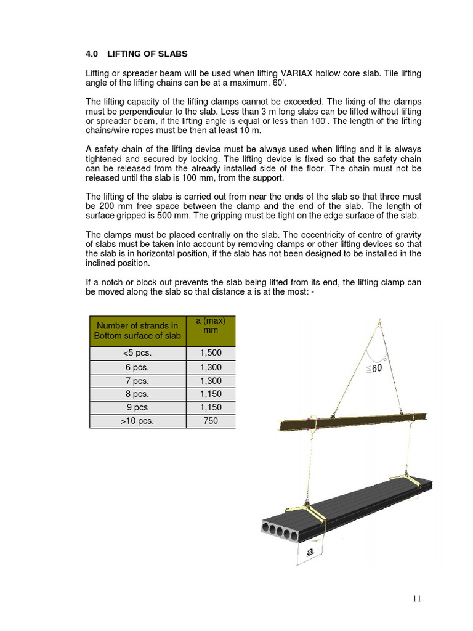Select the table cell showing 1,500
pos(210,353)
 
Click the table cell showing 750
pos(210,421)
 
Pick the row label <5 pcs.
pos(137,353)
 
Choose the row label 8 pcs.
pos(137,394)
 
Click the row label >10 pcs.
pos(137,421)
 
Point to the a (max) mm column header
pos(210,325)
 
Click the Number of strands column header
pos(137,330)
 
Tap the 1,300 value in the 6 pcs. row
pos(210,367)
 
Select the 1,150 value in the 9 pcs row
pos(210,408)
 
